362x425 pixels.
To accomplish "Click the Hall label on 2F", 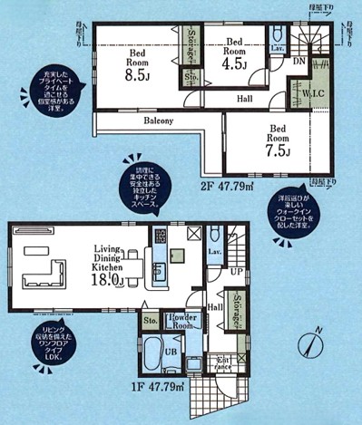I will [x=245, y=98].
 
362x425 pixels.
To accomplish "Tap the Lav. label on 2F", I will [x=279, y=47].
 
